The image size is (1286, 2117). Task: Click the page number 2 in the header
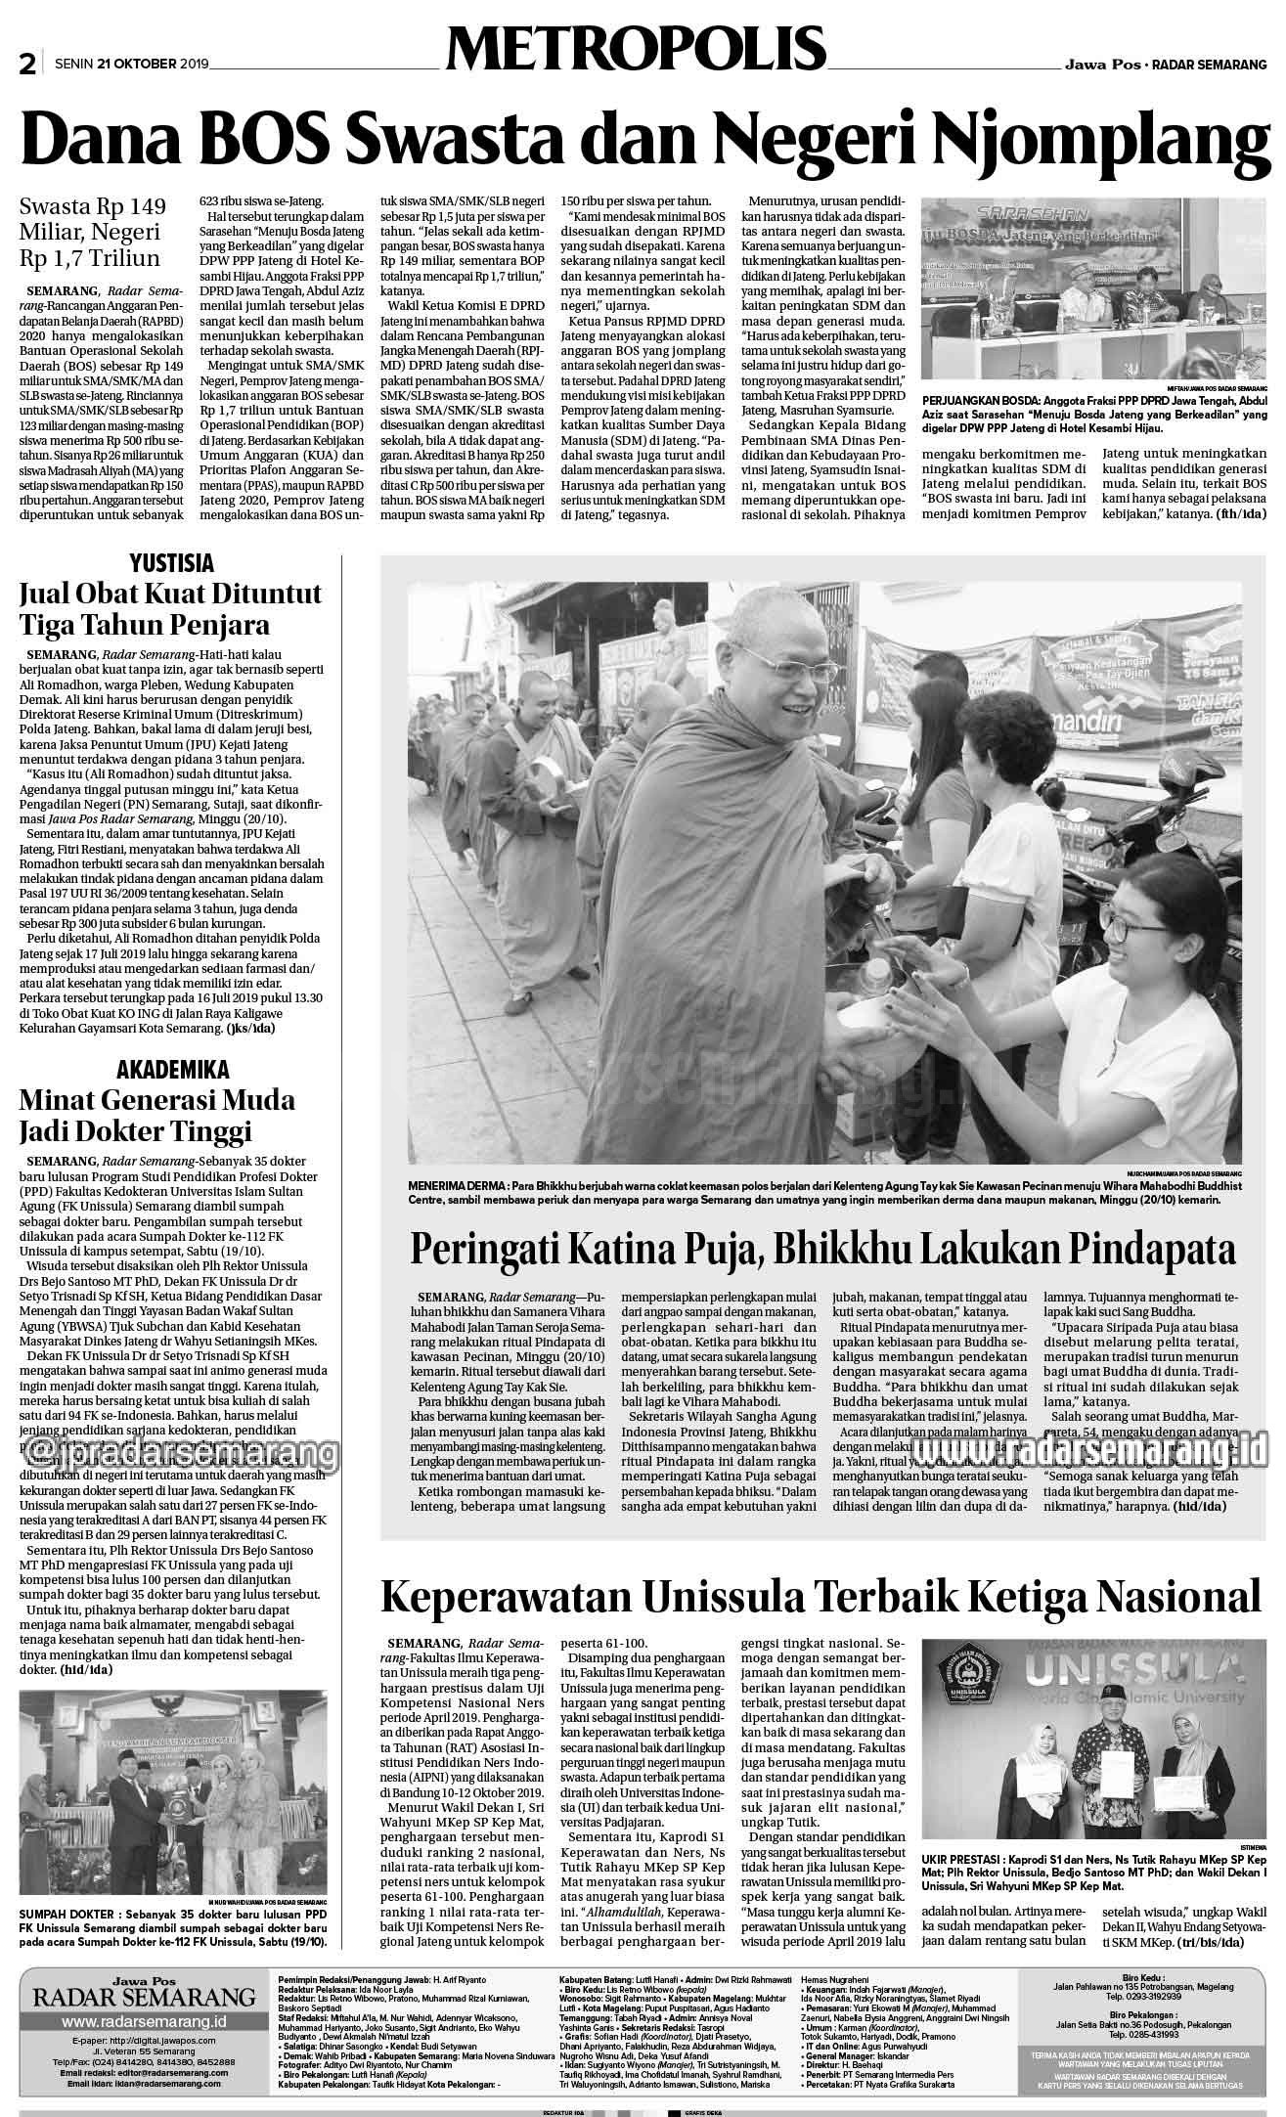(27, 65)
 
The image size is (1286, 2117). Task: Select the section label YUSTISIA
(171, 563)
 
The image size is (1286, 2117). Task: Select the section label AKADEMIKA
(172, 1068)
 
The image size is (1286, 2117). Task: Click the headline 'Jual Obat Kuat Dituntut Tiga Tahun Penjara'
(170, 608)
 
